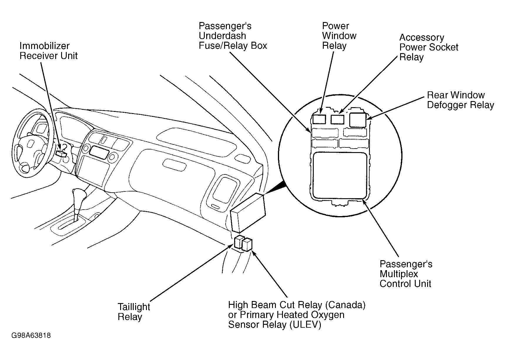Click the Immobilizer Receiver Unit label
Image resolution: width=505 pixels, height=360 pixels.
point(48,51)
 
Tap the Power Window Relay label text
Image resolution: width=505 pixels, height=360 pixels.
point(339,36)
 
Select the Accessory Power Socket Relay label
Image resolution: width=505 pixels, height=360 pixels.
point(429,47)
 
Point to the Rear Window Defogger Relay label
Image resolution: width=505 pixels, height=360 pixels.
point(460,100)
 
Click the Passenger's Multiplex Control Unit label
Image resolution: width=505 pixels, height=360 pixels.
point(406,274)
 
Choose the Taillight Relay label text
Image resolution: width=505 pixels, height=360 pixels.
point(134,312)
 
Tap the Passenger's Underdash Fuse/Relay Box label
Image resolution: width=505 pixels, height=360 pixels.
point(233,36)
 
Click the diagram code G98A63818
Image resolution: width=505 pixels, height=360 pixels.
point(31,335)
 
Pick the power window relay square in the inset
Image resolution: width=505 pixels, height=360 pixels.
point(319,119)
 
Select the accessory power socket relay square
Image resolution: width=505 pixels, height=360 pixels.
point(338,119)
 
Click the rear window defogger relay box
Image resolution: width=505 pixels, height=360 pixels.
point(358,120)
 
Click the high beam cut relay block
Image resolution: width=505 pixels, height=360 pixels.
point(247,245)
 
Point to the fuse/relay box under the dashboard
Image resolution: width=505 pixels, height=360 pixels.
point(248,212)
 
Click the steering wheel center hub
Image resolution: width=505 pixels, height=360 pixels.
point(30,144)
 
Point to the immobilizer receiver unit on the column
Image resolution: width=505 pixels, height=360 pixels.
point(61,153)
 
